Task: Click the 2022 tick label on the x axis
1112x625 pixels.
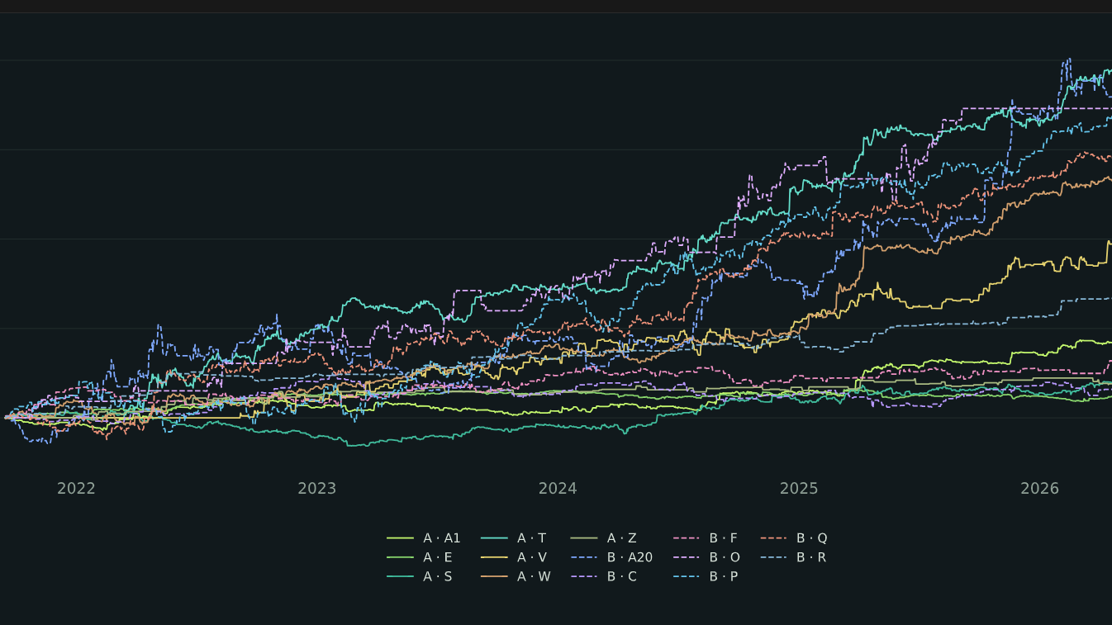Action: tap(76, 489)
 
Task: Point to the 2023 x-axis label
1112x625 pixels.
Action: tap(316, 489)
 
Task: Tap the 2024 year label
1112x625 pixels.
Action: tap(558, 489)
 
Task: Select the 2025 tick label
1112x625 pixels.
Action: tap(799, 489)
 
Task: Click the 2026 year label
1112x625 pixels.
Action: tap(1039, 489)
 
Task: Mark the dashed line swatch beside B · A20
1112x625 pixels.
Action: tap(584, 557)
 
